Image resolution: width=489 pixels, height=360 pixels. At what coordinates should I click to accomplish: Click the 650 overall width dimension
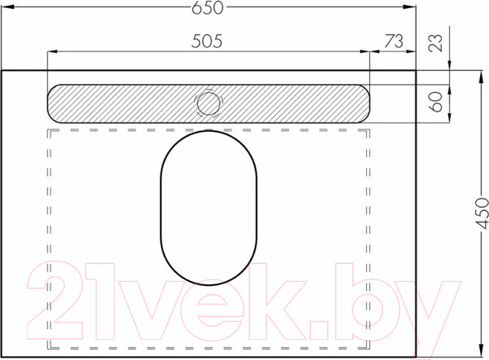click(x=208, y=8)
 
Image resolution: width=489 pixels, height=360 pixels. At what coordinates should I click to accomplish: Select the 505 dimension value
click(x=208, y=40)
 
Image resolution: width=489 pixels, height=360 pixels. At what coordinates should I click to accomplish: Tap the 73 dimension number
click(x=394, y=40)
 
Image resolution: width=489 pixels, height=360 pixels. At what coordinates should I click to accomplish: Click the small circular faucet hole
click(x=209, y=103)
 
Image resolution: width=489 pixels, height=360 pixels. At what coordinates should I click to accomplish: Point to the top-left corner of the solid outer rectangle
click(x=2, y=71)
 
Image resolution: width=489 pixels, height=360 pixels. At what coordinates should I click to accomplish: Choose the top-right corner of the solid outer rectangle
click(x=416, y=71)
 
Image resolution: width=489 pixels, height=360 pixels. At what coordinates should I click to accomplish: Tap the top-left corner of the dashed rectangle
click(x=48, y=129)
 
